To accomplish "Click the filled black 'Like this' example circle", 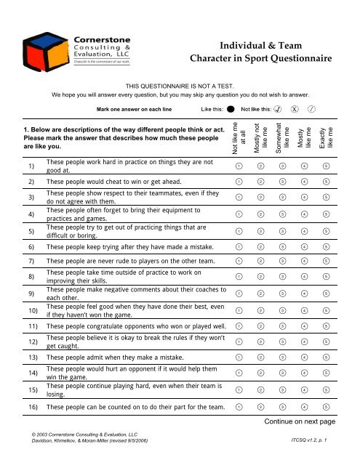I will pyautogui.click(x=230, y=110).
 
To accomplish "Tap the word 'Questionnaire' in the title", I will pyautogui.click(x=283, y=56).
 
